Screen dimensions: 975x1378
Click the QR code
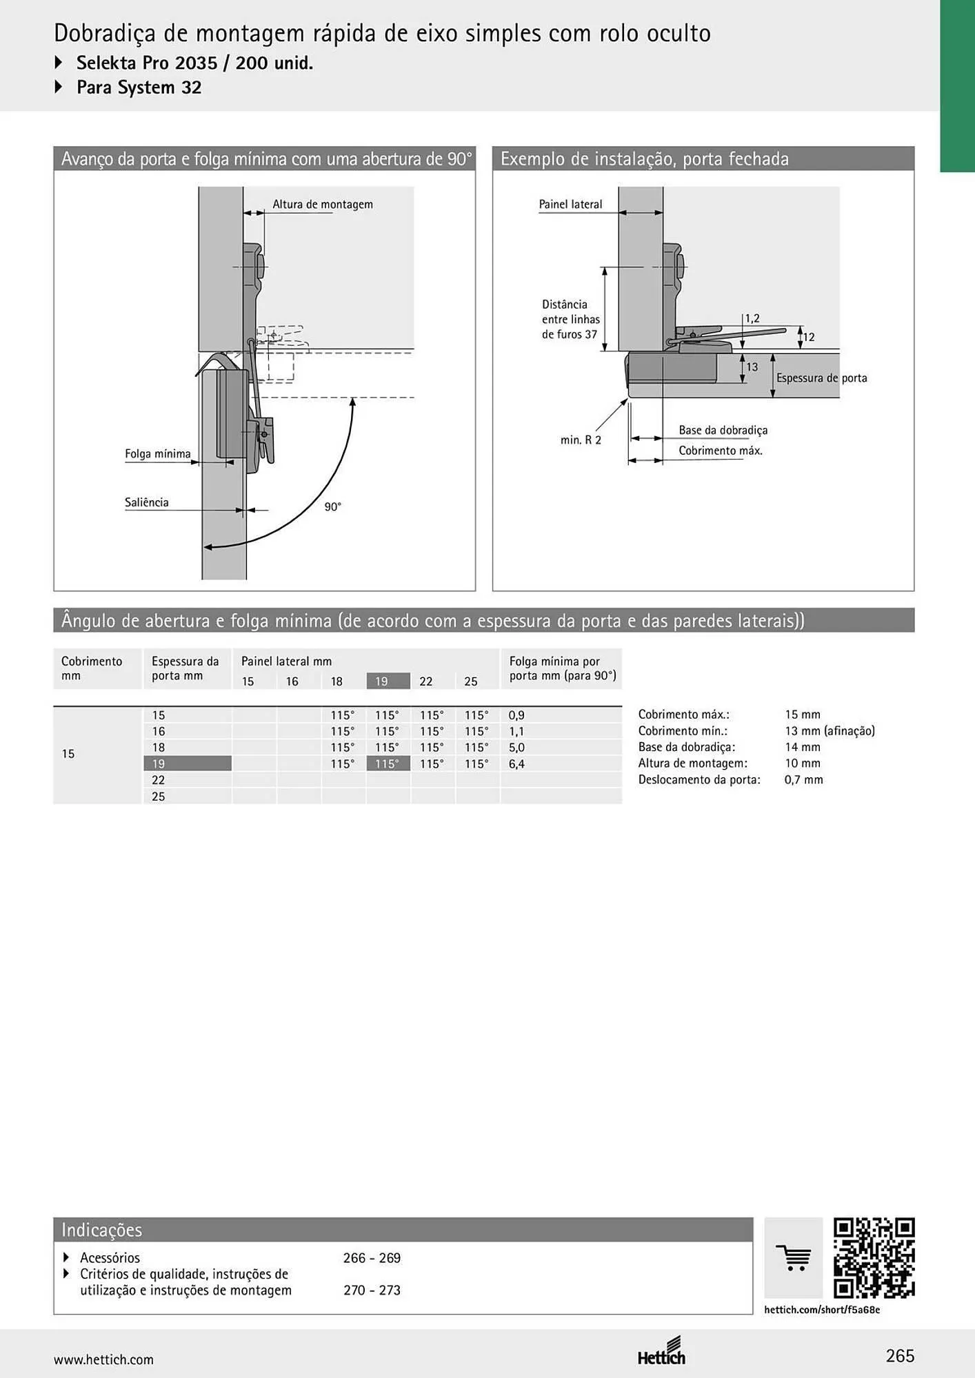[874, 1258]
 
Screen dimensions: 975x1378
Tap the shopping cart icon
[794, 1258]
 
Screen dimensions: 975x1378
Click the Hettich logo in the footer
[662, 1351]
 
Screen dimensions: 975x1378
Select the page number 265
[900, 1356]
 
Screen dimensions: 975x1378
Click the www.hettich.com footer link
[103, 1359]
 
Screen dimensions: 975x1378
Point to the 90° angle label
[333, 507]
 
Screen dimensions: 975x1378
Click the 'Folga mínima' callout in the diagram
[158, 453]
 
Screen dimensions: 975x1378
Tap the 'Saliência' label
[147, 502]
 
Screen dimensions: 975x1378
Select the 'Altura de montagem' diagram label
[323, 205]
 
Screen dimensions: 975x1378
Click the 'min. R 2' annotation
[581, 440]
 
